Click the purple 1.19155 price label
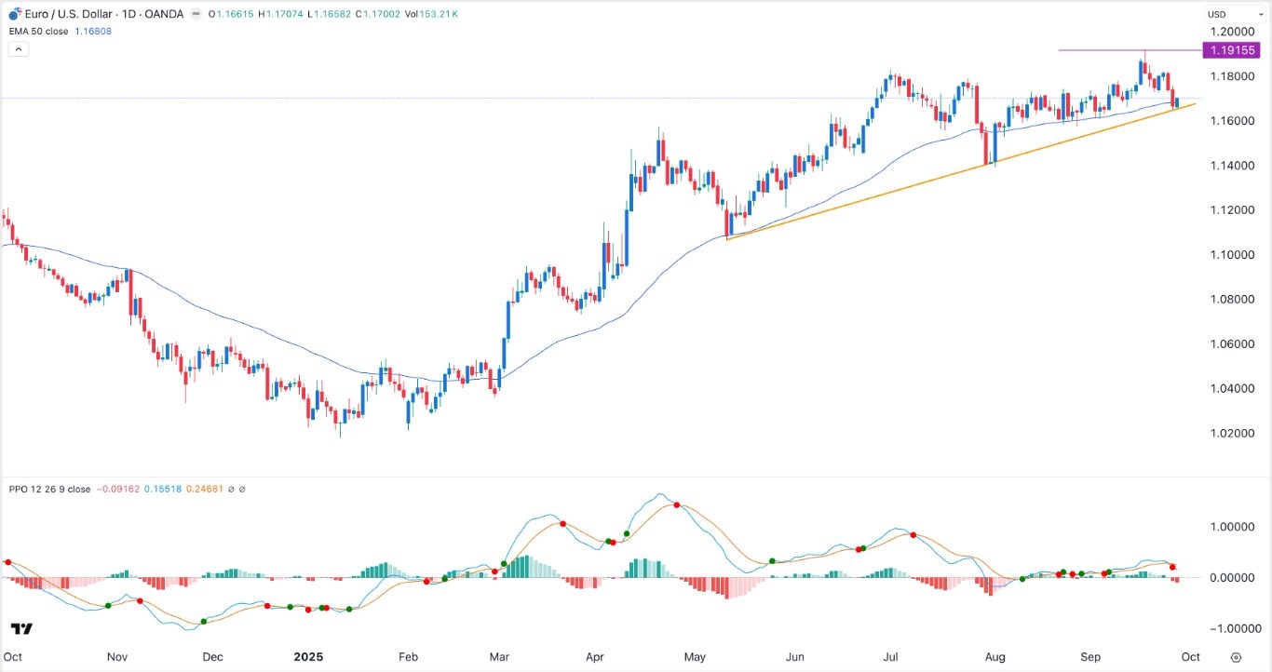[x=1231, y=50]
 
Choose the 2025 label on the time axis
[x=307, y=656]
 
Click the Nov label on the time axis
[x=116, y=656]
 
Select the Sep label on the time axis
[x=1091, y=656]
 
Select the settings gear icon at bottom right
[x=1236, y=656]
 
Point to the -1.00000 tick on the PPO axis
[x=1228, y=627]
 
